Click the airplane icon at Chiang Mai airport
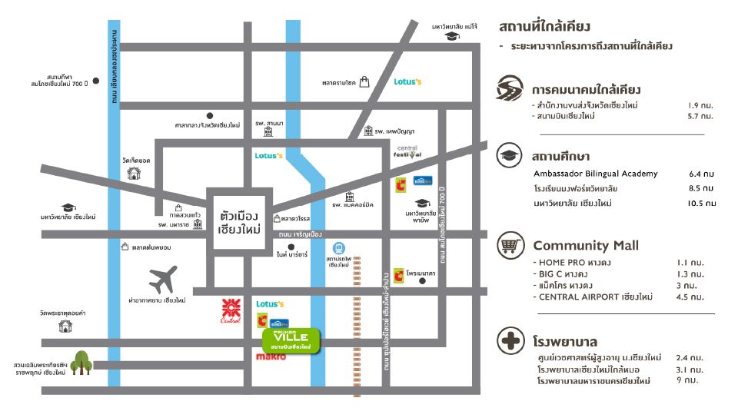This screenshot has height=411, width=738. tap(163, 280)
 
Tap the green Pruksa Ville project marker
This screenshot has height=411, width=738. tap(291, 339)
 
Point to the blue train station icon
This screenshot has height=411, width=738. tap(338, 248)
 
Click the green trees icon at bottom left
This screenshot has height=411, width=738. tap(81, 362)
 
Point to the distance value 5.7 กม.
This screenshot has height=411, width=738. tap(700, 116)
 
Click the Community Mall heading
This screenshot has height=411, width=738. tap(586, 246)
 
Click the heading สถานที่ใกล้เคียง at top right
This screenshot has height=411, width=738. tap(544, 27)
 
